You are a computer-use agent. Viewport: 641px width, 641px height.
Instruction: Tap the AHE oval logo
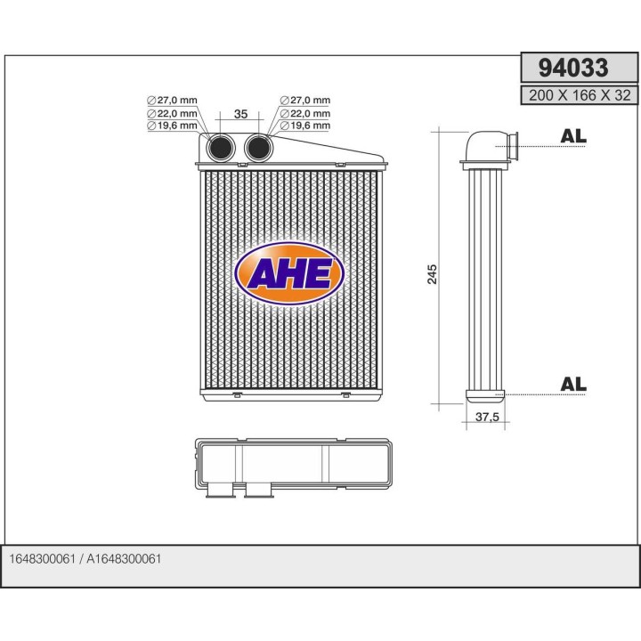[288, 273]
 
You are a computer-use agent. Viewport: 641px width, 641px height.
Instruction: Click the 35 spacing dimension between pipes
[239, 114]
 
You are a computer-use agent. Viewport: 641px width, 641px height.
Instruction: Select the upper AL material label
[573, 136]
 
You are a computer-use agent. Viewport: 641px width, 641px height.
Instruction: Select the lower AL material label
[573, 384]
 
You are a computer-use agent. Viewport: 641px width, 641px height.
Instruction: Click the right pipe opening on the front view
[258, 148]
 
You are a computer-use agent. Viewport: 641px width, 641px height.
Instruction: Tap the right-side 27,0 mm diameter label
[304, 101]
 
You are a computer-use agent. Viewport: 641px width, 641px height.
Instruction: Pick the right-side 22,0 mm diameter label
[304, 113]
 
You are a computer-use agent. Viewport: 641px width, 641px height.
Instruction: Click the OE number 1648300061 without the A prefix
[41, 558]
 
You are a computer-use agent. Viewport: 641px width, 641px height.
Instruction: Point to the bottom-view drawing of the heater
[292, 466]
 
